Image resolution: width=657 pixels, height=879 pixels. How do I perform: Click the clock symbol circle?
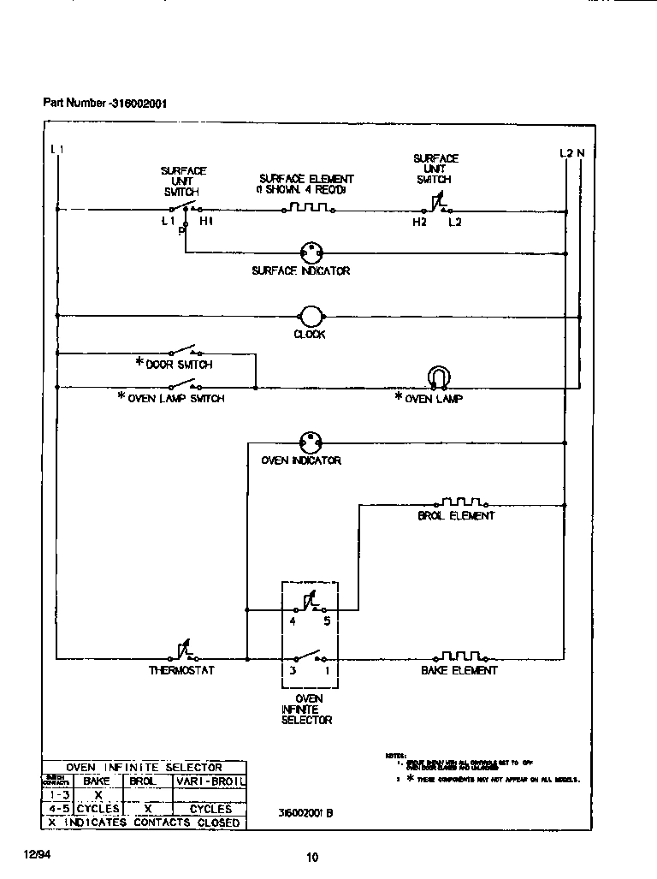coord(310,316)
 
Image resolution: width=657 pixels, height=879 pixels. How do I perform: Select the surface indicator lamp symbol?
coord(310,252)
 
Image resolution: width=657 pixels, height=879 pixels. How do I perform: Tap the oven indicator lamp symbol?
coord(309,442)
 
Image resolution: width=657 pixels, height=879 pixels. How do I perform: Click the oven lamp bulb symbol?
coord(438,377)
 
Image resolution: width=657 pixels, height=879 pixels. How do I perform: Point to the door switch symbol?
coord(184,351)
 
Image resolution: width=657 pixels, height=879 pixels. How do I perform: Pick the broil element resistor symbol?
coord(462,502)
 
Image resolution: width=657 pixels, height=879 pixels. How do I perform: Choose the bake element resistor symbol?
coord(462,656)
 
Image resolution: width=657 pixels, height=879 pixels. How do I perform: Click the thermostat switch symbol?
coord(182,654)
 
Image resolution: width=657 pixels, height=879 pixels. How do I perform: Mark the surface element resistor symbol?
coord(307,208)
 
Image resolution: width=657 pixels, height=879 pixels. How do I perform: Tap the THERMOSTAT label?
coord(181,670)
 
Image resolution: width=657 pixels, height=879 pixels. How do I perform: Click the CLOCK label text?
coord(310,335)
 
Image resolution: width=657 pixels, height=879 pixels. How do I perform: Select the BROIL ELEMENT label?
coord(456,516)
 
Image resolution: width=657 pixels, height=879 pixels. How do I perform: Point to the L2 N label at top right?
coord(572,153)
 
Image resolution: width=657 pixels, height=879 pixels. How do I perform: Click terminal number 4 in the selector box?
coord(293,623)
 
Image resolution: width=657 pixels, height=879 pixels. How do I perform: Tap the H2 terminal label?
coord(418,223)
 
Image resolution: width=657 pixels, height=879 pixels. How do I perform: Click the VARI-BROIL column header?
coord(210,781)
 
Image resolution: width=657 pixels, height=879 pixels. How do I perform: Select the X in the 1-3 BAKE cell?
coord(98,795)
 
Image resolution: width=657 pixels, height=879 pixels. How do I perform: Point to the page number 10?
coord(312,858)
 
